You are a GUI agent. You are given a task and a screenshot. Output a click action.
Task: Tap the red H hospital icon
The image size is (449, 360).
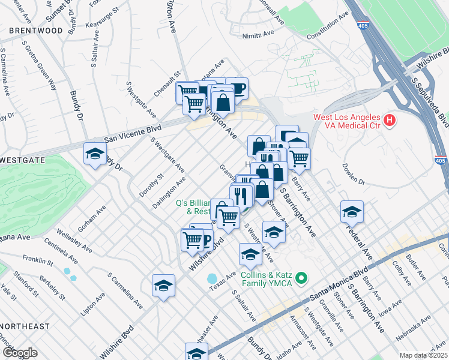pos(390,121)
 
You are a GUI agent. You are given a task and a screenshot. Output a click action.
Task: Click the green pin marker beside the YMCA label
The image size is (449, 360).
pos(303,277)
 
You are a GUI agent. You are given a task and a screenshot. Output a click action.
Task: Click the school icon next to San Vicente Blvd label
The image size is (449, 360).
pos(95,155)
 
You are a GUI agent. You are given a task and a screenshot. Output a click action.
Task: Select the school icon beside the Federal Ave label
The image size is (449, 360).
pos(352,212)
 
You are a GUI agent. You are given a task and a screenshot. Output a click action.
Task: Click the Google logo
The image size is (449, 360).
pos(20,352)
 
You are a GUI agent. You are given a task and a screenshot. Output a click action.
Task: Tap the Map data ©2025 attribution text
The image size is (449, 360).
pos(423,355)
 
